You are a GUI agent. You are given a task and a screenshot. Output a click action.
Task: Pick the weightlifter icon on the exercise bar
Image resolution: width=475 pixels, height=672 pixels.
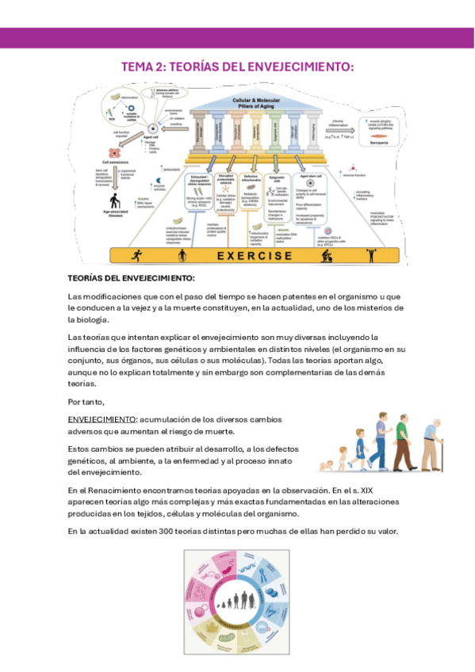point(370,255)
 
